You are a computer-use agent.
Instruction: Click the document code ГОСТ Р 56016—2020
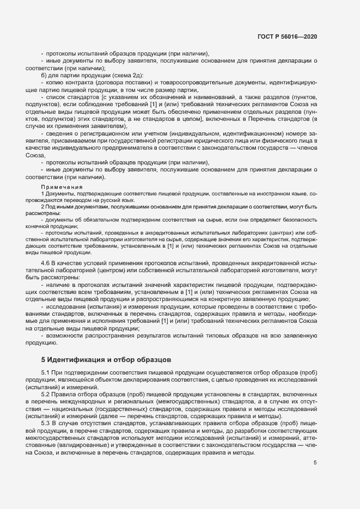[x=287, y=37]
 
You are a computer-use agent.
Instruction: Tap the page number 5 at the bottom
[x=315, y=463]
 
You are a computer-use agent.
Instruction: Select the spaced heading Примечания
[x=59, y=186]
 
